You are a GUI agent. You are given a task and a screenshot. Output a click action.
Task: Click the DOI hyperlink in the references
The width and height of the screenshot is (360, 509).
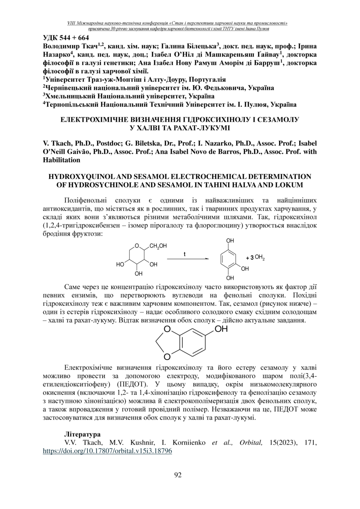pos(107,450)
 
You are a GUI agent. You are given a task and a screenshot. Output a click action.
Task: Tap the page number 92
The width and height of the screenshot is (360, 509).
pos(178,475)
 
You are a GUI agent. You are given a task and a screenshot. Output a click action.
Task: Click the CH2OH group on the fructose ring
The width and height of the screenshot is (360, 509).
pos(158,246)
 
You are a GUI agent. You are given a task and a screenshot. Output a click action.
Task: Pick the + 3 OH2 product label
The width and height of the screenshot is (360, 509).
pos(255,258)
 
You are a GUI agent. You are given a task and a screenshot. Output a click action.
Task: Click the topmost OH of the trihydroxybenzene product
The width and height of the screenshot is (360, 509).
pos(230,241)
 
